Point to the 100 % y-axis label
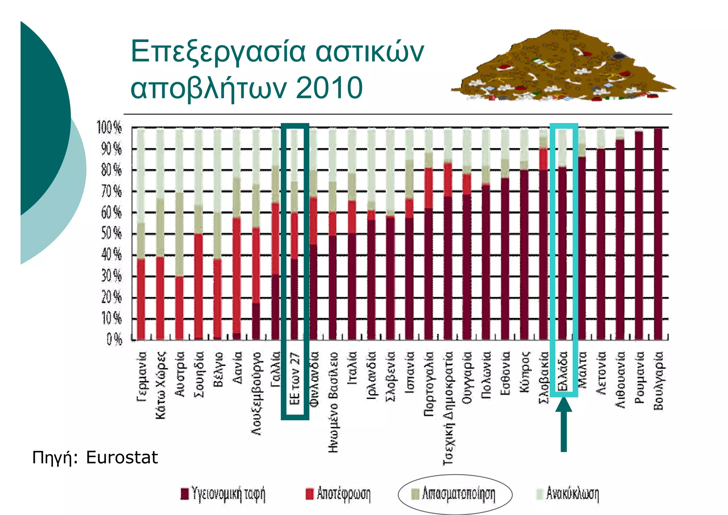(x=109, y=127)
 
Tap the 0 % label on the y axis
(x=114, y=339)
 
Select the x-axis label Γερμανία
(x=141, y=377)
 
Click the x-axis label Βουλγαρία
(x=658, y=381)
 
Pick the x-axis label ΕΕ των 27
(x=295, y=379)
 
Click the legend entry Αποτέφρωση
(x=338, y=494)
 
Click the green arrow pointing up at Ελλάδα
(x=564, y=425)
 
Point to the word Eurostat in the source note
(x=122, y=457)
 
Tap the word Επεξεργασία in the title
(x=218, y=52)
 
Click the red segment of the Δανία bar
(x=237, y=276)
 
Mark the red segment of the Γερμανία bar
(x=141, y=299)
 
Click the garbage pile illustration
(x=563, y=66)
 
